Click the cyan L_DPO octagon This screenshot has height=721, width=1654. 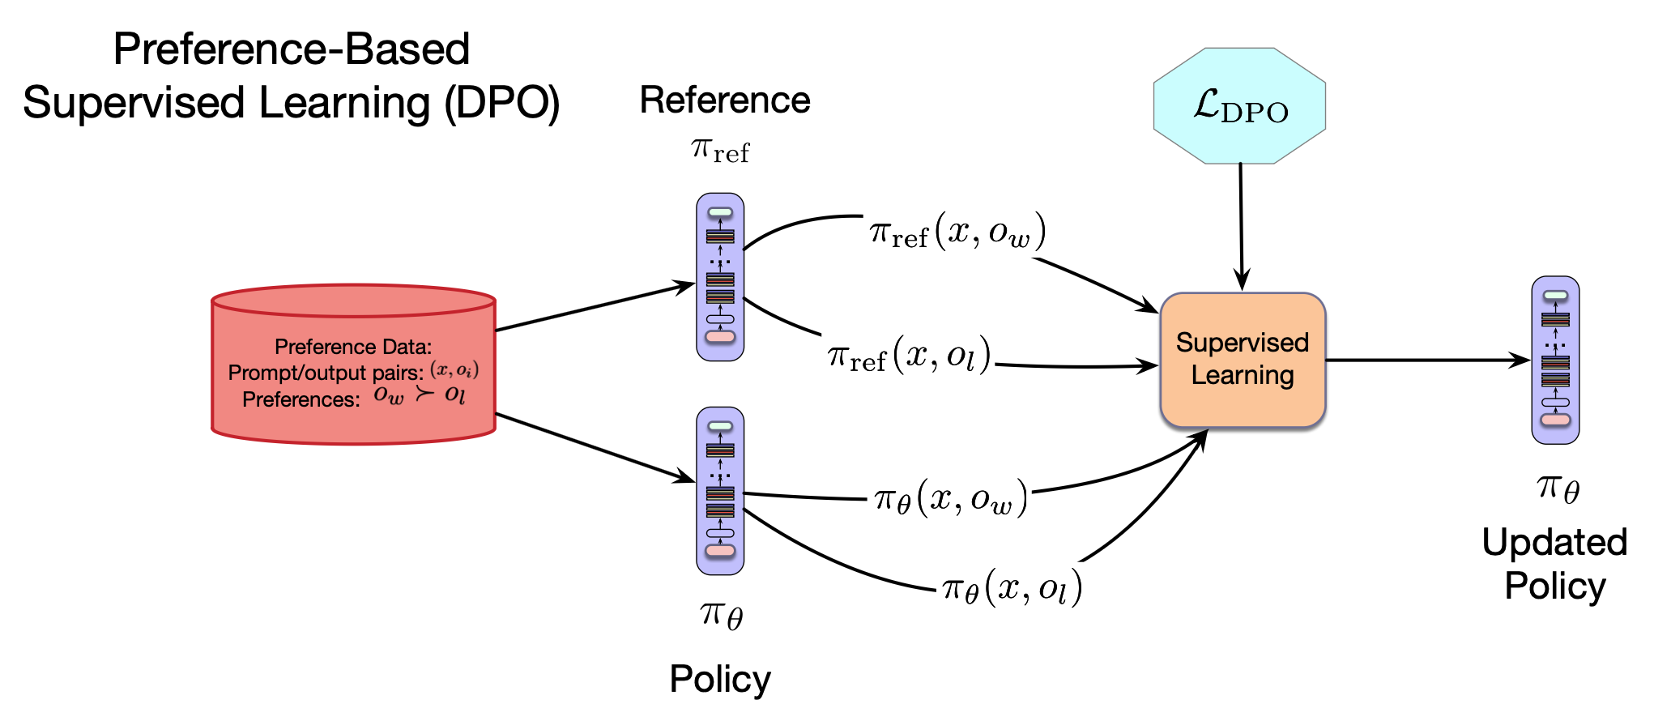coord(1239,106)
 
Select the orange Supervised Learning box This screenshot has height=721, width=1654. coord(1243,360)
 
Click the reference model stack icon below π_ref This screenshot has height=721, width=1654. coord(720,277)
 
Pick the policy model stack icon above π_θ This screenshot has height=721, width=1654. coord(720,491)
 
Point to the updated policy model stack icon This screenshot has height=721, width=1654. coord(1555,360)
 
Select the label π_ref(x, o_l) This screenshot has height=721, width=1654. coord(909,355)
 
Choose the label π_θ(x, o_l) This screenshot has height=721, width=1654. coord(1012,587)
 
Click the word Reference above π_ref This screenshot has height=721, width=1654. coord(725,100)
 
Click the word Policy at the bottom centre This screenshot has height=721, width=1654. coord(720,679)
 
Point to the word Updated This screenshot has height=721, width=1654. coord(1554,542)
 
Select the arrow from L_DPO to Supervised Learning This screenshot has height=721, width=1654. coord(1241,227)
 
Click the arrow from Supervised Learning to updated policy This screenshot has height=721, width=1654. coord(1426,360)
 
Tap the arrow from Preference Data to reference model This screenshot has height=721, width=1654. coord(595,306)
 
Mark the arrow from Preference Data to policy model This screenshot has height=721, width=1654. coord(595,448)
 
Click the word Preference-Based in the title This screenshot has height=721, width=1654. coord(292,49)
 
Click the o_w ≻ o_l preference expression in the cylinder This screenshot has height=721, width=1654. coord(419,395)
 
